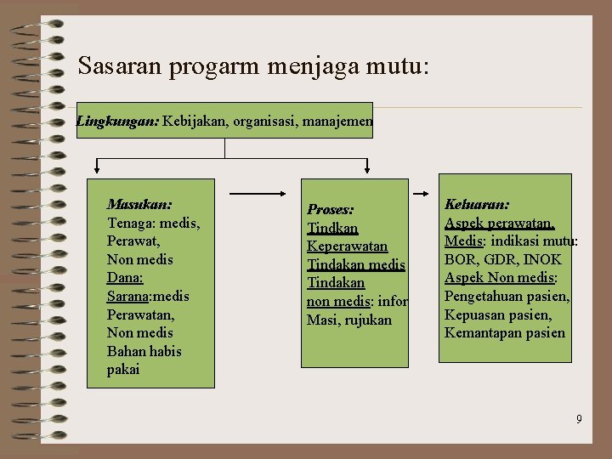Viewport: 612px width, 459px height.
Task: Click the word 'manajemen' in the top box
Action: (x=337, y=122)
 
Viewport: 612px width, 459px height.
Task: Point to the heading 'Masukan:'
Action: (x=139, y=205)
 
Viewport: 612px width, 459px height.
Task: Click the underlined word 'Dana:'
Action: (x=126, y=278)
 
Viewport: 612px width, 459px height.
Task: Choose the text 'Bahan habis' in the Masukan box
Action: (x=144, y=351)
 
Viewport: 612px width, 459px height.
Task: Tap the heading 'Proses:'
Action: (x=331, y=209)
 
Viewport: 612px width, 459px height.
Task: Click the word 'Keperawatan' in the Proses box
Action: (x=347, y=246)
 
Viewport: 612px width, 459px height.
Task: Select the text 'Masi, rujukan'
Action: (x=349, y=320)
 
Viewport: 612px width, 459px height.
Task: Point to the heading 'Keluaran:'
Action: (x=477, y=205)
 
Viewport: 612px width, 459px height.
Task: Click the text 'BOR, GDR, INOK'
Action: (x=503, y=259)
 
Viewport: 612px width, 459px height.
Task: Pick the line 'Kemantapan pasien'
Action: (x=504, y=332)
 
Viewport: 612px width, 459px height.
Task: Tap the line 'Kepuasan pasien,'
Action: (x=498, y=314)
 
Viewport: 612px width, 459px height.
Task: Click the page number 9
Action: (x=579, y=419)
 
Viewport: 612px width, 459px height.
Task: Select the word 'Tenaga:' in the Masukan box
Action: (x=130, y=223)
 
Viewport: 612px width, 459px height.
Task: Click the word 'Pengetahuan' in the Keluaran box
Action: (x=482, y=296)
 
